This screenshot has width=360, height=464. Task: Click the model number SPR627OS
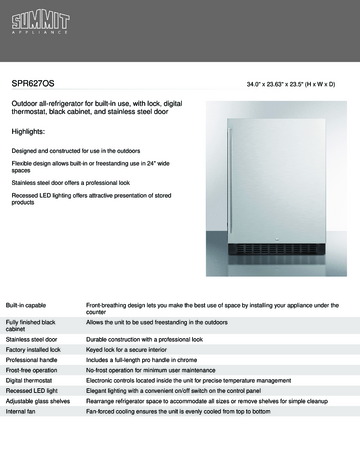coord(35,85)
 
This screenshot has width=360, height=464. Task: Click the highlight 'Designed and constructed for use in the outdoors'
coord(84,150)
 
